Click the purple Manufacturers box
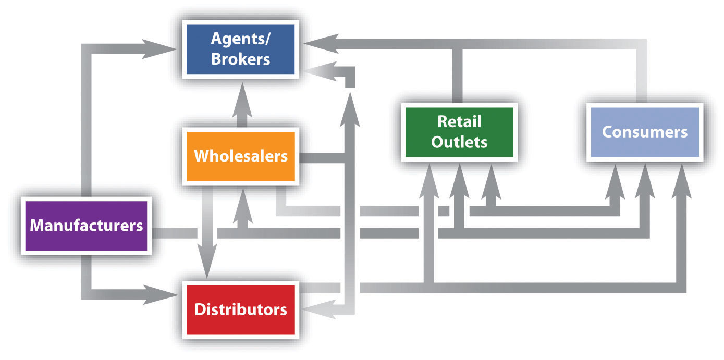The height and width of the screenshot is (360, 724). (x=86, y=226)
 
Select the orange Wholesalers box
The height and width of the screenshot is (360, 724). (x=240, y=156)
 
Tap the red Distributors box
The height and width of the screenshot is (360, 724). (x=240, y=309)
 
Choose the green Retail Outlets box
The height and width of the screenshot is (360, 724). (x=459, y=132)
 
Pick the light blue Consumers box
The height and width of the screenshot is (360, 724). (x=644, y=132)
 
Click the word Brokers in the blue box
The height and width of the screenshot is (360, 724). (x=240, y=58)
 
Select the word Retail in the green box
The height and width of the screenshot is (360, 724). (x=459, y=122)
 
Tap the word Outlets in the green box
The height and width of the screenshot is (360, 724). (x=459, y=142)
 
